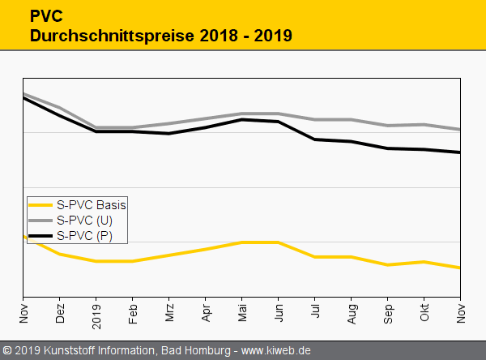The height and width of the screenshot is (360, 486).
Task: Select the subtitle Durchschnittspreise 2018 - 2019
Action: point(160,36)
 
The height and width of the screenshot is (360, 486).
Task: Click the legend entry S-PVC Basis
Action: point(91,205)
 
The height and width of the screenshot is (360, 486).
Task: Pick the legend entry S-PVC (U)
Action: point(84,221)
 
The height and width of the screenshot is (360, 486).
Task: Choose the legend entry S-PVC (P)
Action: point(84,236)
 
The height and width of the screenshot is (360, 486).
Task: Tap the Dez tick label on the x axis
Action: point(60,314)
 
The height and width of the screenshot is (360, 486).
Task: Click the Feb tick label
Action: point(133,314)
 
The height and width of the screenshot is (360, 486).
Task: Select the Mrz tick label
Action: point(169,314)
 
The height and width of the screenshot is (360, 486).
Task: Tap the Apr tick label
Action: point(206,314)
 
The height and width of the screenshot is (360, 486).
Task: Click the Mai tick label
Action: point(242,314)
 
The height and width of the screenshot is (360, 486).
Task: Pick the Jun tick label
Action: point(279,314)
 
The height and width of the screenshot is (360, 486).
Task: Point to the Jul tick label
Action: point(315,314)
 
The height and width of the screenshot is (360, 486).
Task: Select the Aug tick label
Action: point(352,314)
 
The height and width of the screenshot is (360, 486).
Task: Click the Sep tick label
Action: point(388,314)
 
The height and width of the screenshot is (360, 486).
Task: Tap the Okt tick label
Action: point(424,314)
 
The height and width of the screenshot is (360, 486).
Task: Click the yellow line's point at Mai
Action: point(242,242)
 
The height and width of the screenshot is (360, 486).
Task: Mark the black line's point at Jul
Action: point(315,139)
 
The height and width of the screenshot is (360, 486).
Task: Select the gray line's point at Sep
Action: point(388,126)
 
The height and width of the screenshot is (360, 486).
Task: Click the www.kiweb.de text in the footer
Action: point(276,351)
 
